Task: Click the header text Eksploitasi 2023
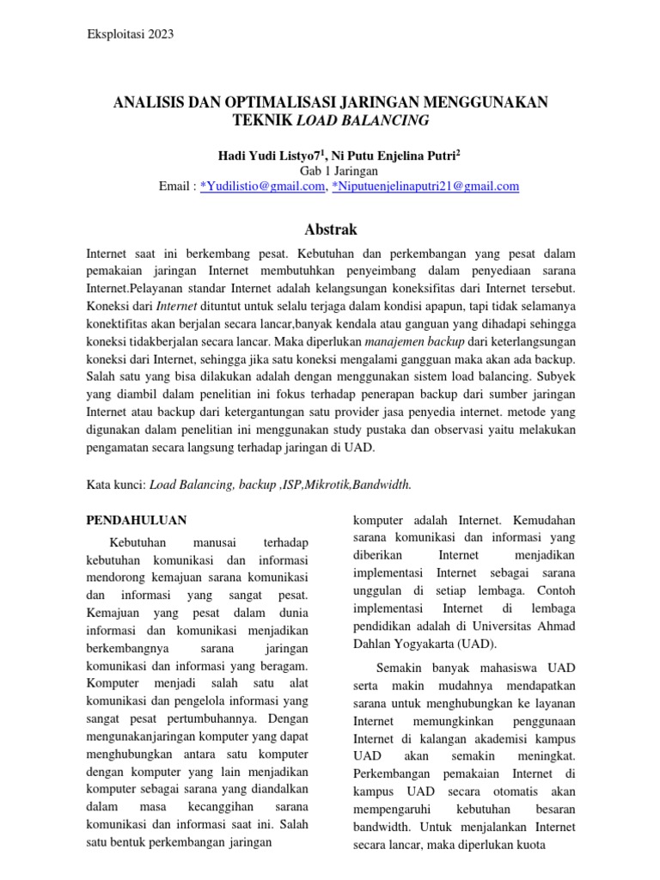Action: (131, 34)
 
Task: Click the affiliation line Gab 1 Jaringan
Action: (330, 170)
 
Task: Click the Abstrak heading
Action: (330, 229)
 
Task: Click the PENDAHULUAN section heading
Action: (138, 521)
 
